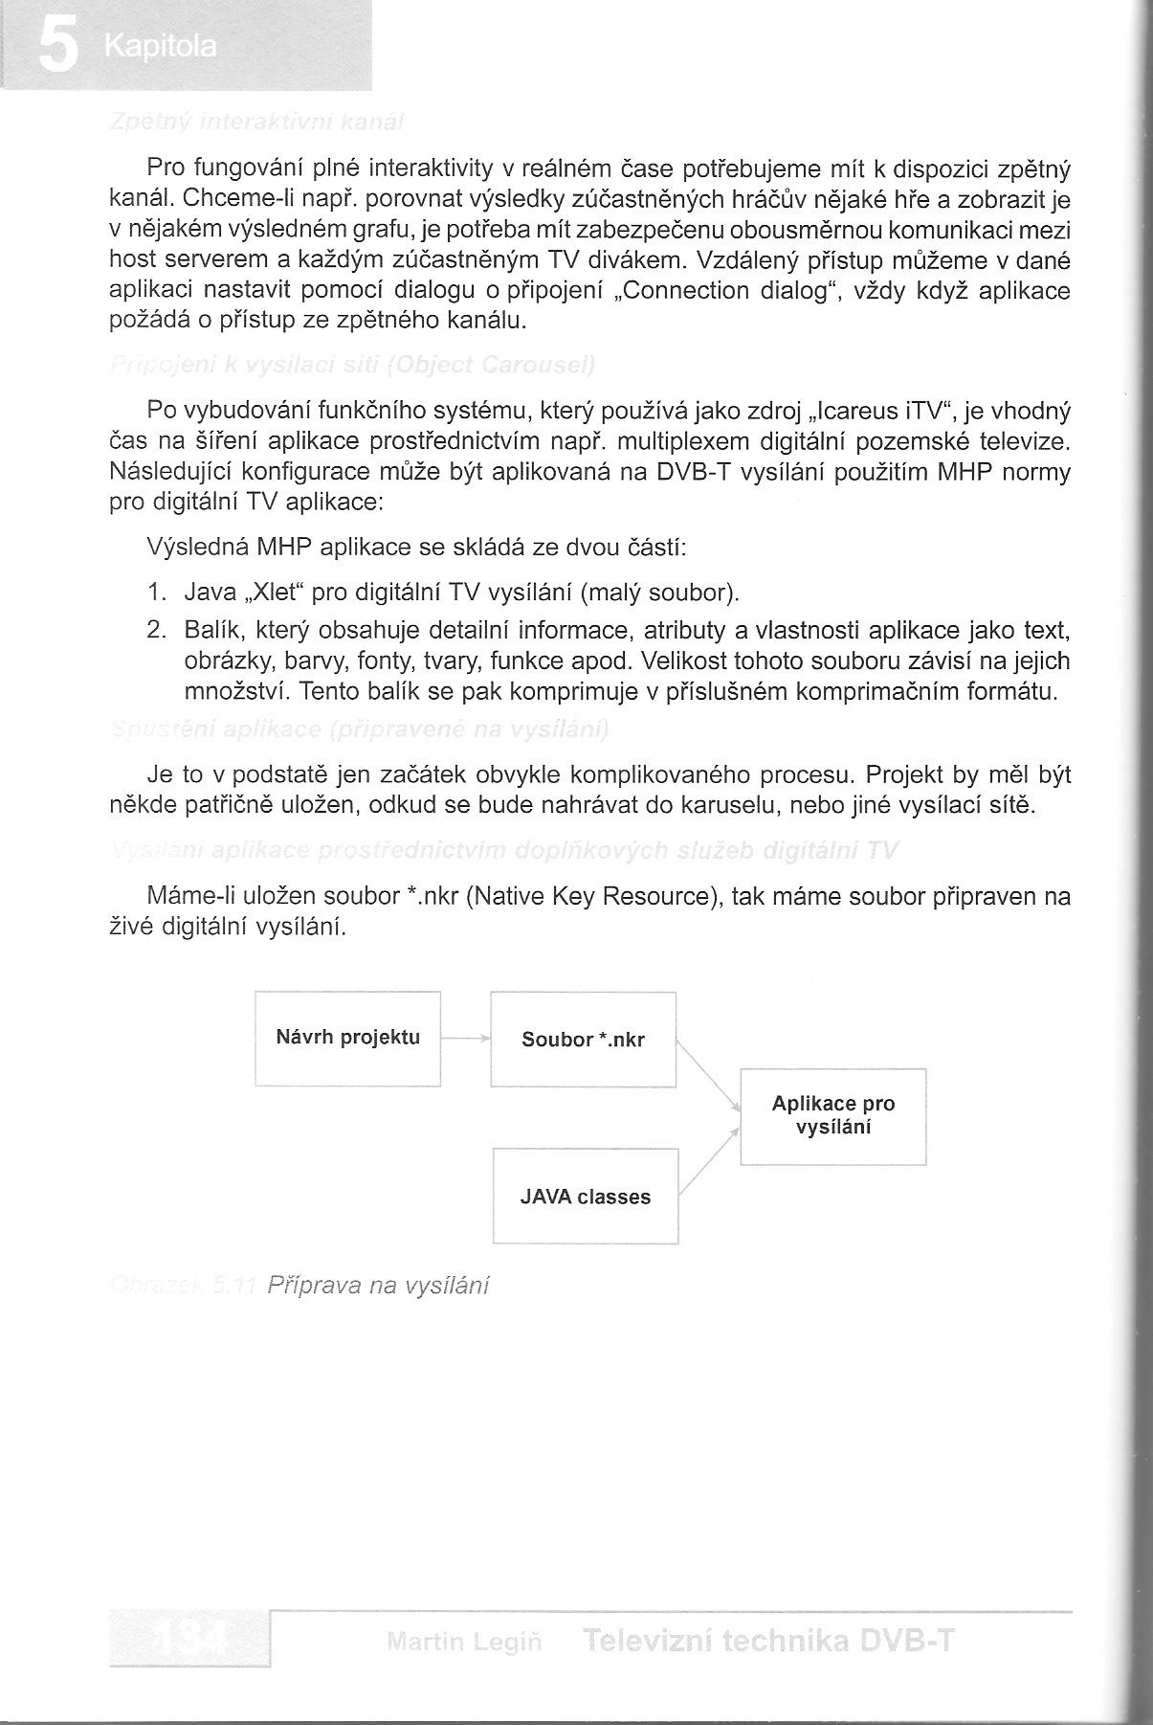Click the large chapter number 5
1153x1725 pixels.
57,47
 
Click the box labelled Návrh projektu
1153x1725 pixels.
347,1038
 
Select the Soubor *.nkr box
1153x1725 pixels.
583,1040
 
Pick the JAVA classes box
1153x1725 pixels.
585,1197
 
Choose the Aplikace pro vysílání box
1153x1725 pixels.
832,1115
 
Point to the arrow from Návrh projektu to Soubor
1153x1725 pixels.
466,1038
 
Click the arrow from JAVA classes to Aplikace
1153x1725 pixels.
709,1162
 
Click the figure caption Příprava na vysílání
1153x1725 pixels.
378,1285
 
